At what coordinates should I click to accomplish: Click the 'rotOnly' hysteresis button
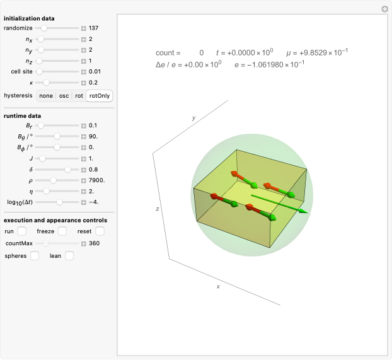[x=100, y=96]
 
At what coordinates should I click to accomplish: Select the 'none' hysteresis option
[x=45, y=96]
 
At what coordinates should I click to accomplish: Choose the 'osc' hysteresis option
[x=64, y=96]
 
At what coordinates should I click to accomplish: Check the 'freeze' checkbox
[x=62, y=231]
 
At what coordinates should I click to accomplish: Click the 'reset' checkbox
[x=100, y=231]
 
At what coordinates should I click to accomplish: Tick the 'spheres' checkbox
[x=35, y=255]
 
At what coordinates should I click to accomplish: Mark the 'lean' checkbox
[x=69, y=255]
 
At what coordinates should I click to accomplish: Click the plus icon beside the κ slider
[x=83, y=83]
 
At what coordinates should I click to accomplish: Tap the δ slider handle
[x=67, y=169]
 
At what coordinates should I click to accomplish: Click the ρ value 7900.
[x=96, y=180]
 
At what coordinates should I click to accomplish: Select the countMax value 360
[x=94, y=243]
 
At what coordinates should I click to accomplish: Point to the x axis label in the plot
[x=218, y=286]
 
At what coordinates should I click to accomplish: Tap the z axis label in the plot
[x=158, y=207]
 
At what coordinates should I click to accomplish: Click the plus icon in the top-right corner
[x=384, y=9]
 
